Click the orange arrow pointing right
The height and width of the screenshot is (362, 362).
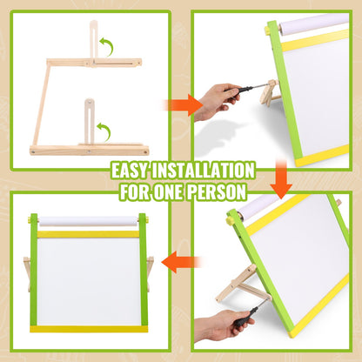[178, 106]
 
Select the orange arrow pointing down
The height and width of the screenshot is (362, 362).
[280, 182]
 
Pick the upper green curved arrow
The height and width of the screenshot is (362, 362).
[108, 45]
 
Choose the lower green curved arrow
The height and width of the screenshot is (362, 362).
[104, 131]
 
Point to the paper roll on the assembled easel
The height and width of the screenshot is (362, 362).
[87, 222]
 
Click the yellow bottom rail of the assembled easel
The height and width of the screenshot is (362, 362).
[87, 328]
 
